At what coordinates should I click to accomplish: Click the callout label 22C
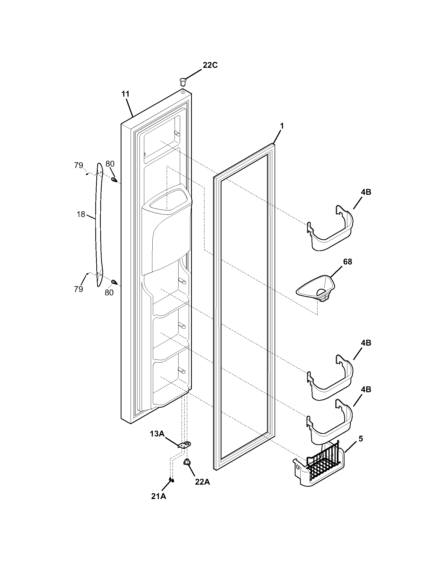coord(210,65)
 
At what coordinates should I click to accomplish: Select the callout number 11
coord(125,94)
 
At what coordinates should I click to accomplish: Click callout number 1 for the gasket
coord(282,126)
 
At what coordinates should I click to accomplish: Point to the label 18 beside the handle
coord(81,214)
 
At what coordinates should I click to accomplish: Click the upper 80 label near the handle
coord(110,164)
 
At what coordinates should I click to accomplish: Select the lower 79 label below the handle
coord(79,289)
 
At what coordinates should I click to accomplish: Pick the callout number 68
coord(347,262)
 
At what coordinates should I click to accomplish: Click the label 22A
coord(202,482)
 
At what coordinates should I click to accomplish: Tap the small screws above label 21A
coord(171,480)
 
